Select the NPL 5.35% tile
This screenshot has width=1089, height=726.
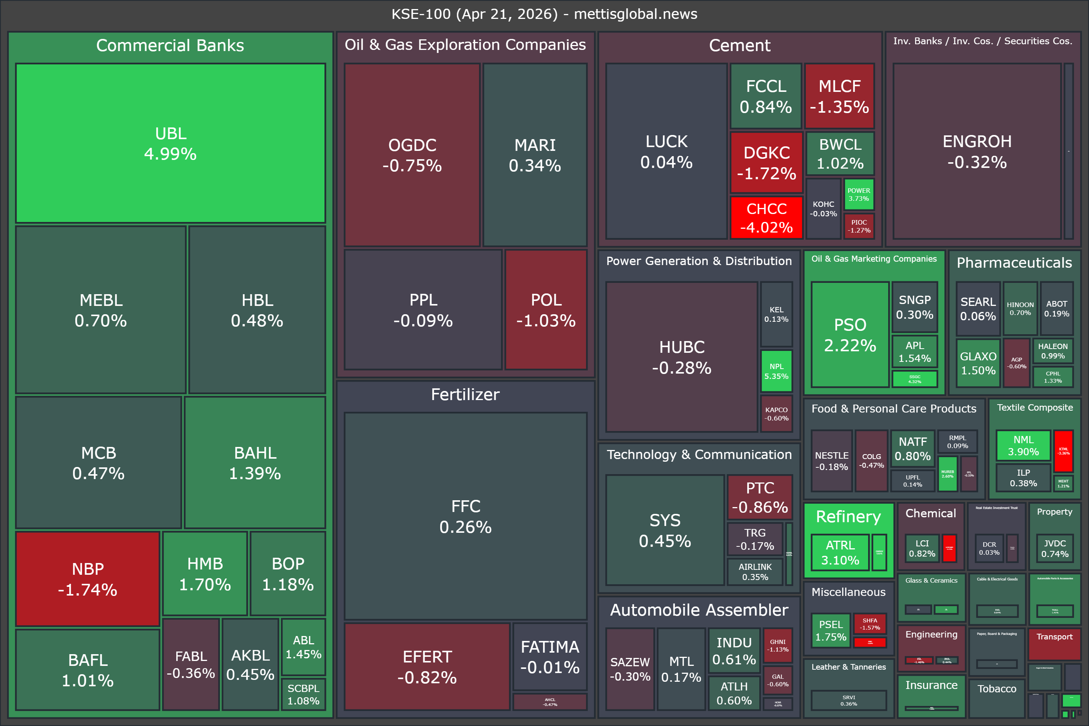776,371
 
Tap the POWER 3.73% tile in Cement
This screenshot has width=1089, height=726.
858,194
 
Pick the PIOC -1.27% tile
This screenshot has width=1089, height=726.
859,226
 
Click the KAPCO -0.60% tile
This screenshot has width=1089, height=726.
776,413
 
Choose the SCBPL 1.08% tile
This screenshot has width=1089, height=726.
303,694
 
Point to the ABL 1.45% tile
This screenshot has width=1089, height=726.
303,647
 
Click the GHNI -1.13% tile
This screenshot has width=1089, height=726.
778,645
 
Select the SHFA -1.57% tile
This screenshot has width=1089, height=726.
870,624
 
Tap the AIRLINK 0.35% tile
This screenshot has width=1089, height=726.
755,572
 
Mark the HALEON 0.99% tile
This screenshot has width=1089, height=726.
1052,351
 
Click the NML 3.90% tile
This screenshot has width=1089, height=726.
1023,445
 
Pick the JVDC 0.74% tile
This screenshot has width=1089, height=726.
1055,548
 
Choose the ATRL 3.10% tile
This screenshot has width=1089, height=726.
840,552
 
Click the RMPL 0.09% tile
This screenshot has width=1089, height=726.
957,441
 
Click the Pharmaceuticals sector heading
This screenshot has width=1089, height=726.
1014,262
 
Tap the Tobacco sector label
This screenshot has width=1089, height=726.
996,689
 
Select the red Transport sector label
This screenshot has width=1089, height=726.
1054,637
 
